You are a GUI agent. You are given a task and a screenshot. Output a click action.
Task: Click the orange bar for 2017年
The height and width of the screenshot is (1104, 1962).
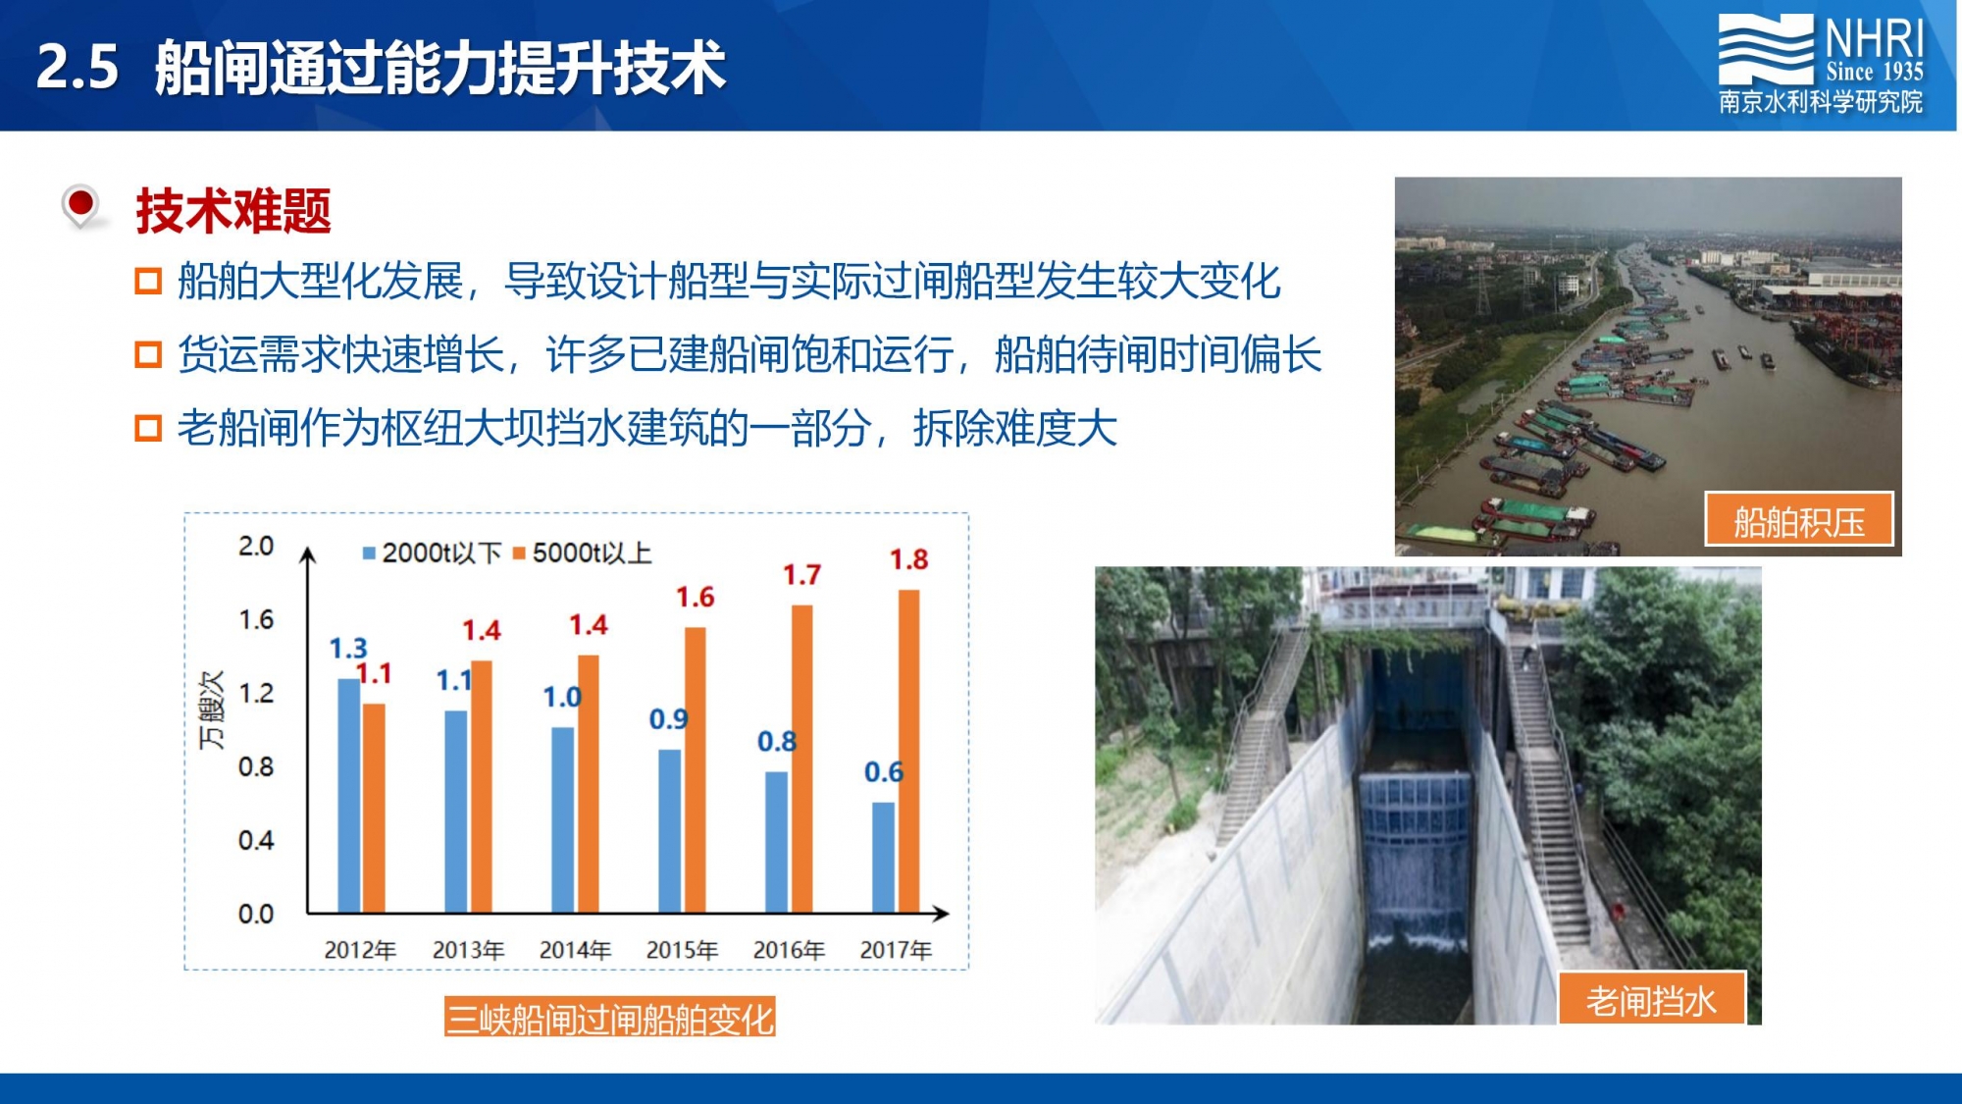(908, 752)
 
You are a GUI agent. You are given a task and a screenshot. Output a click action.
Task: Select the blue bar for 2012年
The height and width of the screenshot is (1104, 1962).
(348, 796)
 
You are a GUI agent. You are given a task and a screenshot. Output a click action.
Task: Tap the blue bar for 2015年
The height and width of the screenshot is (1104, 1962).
(669, 831)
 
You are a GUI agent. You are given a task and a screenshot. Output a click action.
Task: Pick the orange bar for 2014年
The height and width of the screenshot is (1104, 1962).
(589, 784)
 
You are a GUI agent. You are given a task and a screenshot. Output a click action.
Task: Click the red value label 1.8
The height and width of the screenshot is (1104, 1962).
(908, 559)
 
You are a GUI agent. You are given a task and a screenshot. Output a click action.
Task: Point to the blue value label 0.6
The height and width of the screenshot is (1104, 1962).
(883, 772)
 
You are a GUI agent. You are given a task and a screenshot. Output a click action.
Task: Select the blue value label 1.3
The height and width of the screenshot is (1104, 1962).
(348, 648)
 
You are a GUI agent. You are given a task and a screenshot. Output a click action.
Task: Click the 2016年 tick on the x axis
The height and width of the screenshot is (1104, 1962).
(789, 950)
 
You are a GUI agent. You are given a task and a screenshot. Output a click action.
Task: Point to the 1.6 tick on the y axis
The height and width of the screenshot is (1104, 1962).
(256, 619)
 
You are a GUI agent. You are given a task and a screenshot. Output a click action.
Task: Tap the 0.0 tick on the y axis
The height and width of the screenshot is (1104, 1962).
(256, 914)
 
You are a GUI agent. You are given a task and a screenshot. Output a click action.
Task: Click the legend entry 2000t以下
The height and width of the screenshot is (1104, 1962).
(433, 553)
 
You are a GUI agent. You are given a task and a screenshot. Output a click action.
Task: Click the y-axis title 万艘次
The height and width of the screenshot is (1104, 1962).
(212, 710)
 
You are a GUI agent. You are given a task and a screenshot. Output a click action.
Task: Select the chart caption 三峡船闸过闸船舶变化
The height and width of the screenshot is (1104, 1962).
(609, 1019)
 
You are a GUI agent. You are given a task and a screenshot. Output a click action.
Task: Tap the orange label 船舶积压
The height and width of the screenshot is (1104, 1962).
(1799, 520)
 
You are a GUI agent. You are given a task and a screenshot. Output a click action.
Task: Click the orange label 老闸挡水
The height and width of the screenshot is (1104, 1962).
(1652, 1000)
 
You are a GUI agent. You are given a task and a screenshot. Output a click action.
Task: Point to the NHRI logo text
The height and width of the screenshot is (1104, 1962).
(1874, 39)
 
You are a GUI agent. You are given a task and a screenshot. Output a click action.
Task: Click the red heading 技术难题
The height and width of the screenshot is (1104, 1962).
(233, 211)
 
